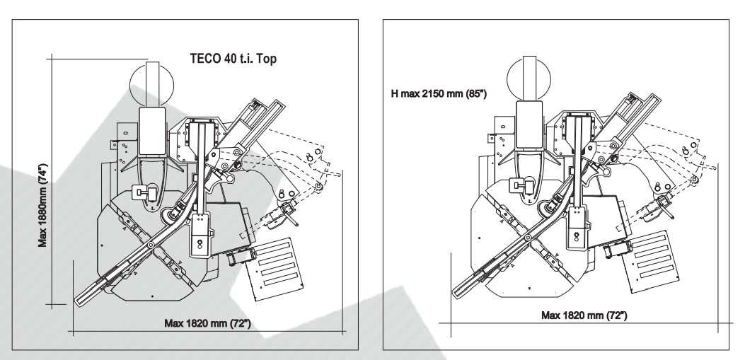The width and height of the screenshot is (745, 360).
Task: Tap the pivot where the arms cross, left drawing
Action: point(151,245)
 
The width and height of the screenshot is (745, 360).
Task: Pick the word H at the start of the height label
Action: point(395,94)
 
